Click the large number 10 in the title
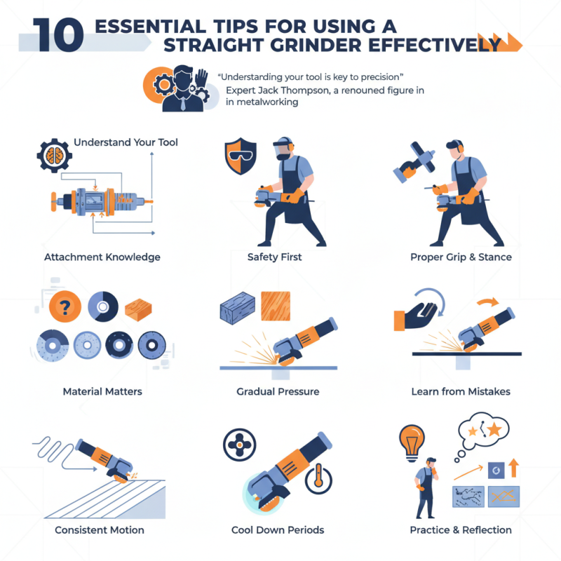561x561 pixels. click(x=58, y=35)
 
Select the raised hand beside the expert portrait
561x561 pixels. click(x=201, y=79)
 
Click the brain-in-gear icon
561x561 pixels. click(x=55, y=156)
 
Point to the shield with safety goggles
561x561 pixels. click(x=241, y=156)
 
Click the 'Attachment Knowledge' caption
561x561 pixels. click(x=102, y=257)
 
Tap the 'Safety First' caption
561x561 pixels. click(x=274, y=257)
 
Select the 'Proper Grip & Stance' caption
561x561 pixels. click(x=461, y=257)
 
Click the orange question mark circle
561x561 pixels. click(x=65, y=306)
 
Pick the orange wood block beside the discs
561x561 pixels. click(x=138, y=309)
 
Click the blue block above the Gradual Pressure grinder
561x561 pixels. click(x=237, y=308)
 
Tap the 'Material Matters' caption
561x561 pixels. click(x=102, y=391)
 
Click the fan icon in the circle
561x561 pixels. click(x=239, y=445)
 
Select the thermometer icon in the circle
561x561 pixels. click(x=318, y=479)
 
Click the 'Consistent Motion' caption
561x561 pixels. click(x=100, y=530)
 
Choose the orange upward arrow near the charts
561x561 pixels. click(x=513, y=468)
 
